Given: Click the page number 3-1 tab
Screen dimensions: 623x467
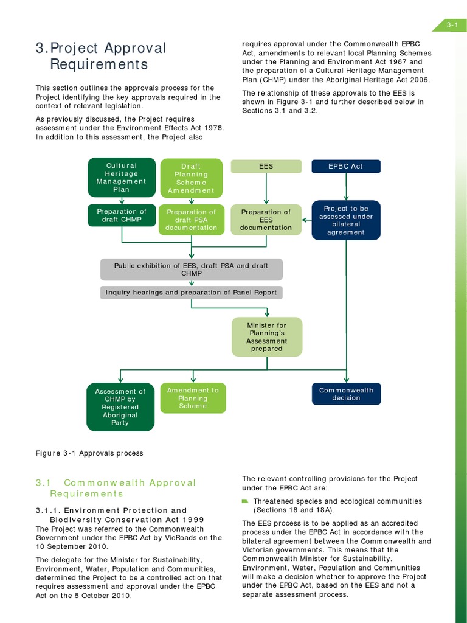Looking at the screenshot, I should pyautogui.click(x=451, y=25).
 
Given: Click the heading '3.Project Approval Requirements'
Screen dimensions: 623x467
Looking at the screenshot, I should pyautogui.click(x=100, y=56).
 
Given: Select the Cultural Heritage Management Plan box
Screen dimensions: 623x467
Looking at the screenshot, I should pyautogui.click(x=122, y=177).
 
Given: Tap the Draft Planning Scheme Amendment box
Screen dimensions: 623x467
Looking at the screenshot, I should pyautogui.click(x=192, y=178).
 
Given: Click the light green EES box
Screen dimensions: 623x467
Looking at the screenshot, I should pyautogui.click(x=266, y=166).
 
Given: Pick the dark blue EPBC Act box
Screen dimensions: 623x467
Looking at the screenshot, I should pyautogui.click(x=346, y=166).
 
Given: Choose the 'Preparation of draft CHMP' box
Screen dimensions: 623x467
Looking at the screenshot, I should pyautogui.click(x=122, y=215).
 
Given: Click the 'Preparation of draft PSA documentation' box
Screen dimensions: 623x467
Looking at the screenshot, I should pyautogui.click(x=192, y=220).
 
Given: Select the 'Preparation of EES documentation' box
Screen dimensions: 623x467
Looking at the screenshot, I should pyautogui.click(x=266, y=220).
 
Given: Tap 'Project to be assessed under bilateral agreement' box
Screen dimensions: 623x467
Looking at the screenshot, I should pyautogui.click(x=346, y=220).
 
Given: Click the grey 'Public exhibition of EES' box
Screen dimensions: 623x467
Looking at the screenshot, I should pyautogui.click(x=192, y=270).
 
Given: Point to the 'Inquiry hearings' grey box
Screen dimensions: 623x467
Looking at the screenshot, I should pyautogui.click(x=192, y=293).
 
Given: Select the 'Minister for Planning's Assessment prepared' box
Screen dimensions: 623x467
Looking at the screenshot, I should pyautogui.click(x=266, y=337).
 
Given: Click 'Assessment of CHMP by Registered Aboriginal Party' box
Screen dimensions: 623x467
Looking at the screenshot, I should pyautogui.click(x=120, y=407).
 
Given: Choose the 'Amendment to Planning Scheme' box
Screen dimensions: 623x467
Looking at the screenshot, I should pyautogui.click(x=193, y=398).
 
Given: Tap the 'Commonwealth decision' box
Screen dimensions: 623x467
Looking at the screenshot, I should pyautogui.click(x=346, y=394).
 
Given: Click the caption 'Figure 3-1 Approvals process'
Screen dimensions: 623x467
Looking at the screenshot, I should pyautogui.click(x=89, y=453).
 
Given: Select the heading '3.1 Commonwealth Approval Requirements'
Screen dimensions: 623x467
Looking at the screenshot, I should pyautogui.click(x=116, y=488).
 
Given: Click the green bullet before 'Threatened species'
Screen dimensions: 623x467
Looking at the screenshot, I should pyautogui.click(x=245, y=501).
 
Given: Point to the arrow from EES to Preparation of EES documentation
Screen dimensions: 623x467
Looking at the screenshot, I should pyautogui.click(x=266, y=189).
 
